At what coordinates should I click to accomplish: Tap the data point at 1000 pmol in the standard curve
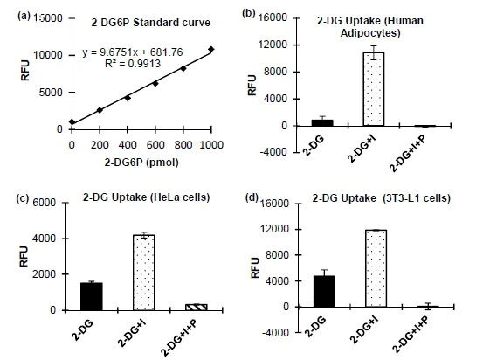211,49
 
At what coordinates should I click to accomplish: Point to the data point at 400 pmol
128,98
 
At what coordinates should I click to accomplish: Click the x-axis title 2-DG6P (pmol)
141,161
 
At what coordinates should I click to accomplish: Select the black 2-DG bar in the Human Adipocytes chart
322,122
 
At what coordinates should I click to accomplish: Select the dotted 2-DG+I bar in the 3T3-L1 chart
376,268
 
